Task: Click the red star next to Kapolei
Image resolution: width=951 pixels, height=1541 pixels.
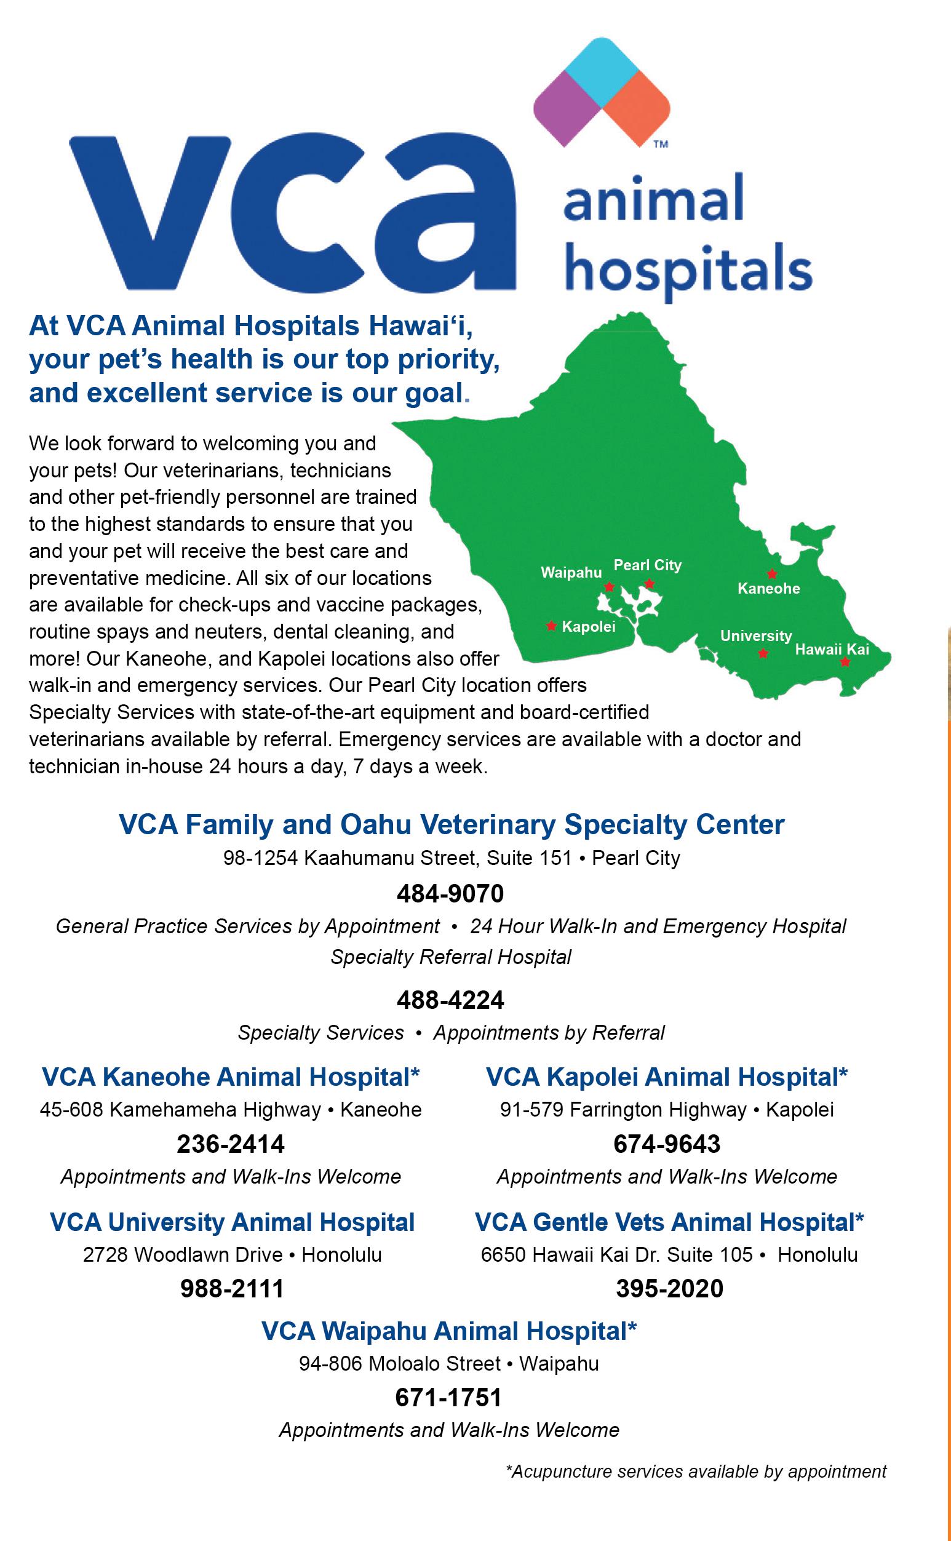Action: pos(552,626)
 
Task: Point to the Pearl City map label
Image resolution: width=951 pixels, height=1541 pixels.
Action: pos(647,565)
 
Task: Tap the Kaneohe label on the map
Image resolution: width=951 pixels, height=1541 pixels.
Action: pos(768,589)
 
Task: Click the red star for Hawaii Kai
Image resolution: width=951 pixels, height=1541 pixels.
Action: pos(845,662)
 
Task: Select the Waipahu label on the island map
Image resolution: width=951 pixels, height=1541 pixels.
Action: pos(571,573)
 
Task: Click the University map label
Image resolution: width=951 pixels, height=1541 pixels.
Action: pos(756,636)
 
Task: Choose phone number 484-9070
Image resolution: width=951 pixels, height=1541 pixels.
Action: pos(450,893)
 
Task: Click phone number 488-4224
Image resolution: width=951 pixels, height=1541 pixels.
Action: pos(450,1000)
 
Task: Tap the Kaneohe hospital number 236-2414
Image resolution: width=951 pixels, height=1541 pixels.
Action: pos(231,1144)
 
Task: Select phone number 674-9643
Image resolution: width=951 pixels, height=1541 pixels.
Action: pos(667,1144)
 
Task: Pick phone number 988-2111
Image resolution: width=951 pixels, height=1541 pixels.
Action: pos(232,1288)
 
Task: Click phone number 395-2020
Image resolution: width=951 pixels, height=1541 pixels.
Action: pos(669,1288)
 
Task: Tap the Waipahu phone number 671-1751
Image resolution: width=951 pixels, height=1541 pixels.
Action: pos(448,1397)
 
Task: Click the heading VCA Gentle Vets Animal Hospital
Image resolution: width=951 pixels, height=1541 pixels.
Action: pos(669,1222)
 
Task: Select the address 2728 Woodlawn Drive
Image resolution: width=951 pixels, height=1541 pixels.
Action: pos(183,1255)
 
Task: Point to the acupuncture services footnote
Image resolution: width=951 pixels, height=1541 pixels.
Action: pos(696,1472)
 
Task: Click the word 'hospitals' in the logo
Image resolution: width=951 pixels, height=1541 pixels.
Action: pos(688,270)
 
